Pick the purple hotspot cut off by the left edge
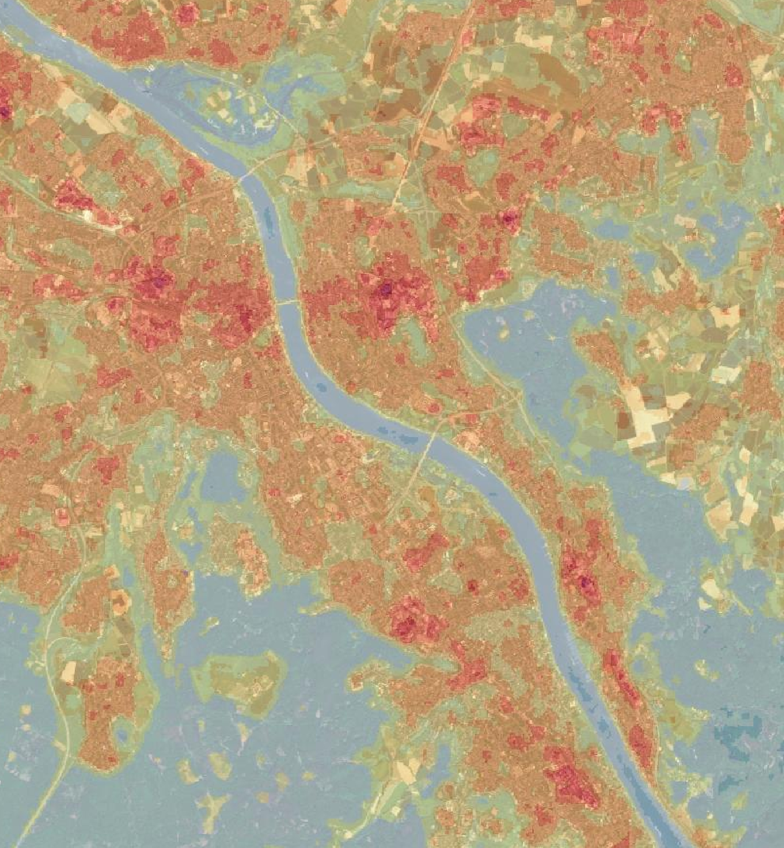[3, 110]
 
